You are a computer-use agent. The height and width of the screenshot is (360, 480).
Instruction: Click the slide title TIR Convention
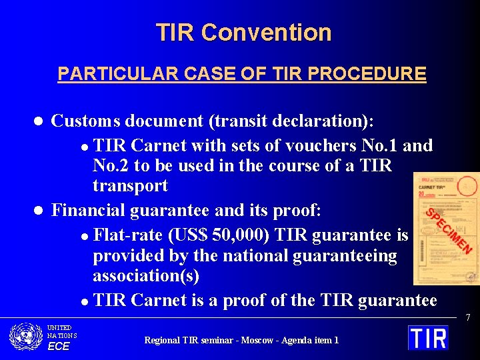point(243,32)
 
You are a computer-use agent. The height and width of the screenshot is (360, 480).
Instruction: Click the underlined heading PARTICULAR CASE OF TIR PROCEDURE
point(242,73)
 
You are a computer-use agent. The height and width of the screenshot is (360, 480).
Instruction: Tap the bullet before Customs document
point(39,121)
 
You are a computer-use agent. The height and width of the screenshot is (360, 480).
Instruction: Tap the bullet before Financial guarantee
point(39,211)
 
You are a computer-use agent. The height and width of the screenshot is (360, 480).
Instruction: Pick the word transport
point(130,185)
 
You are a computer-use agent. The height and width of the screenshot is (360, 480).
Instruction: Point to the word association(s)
point(146,275)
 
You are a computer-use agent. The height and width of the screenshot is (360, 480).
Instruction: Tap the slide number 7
point(468,318)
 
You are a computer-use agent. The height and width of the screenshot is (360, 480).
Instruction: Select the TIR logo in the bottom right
point(428,337)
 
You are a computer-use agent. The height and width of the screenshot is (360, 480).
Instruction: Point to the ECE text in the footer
point(59,346)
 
